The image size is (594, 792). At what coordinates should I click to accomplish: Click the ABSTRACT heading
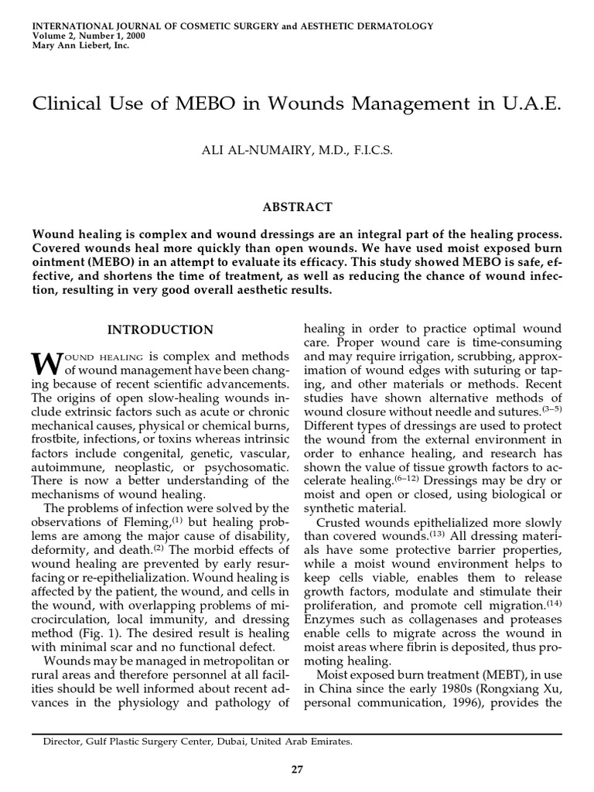click(297, 207)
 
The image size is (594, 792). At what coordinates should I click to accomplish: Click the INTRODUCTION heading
click(160, 329)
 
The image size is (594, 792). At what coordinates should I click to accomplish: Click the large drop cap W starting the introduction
click(45, 362)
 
